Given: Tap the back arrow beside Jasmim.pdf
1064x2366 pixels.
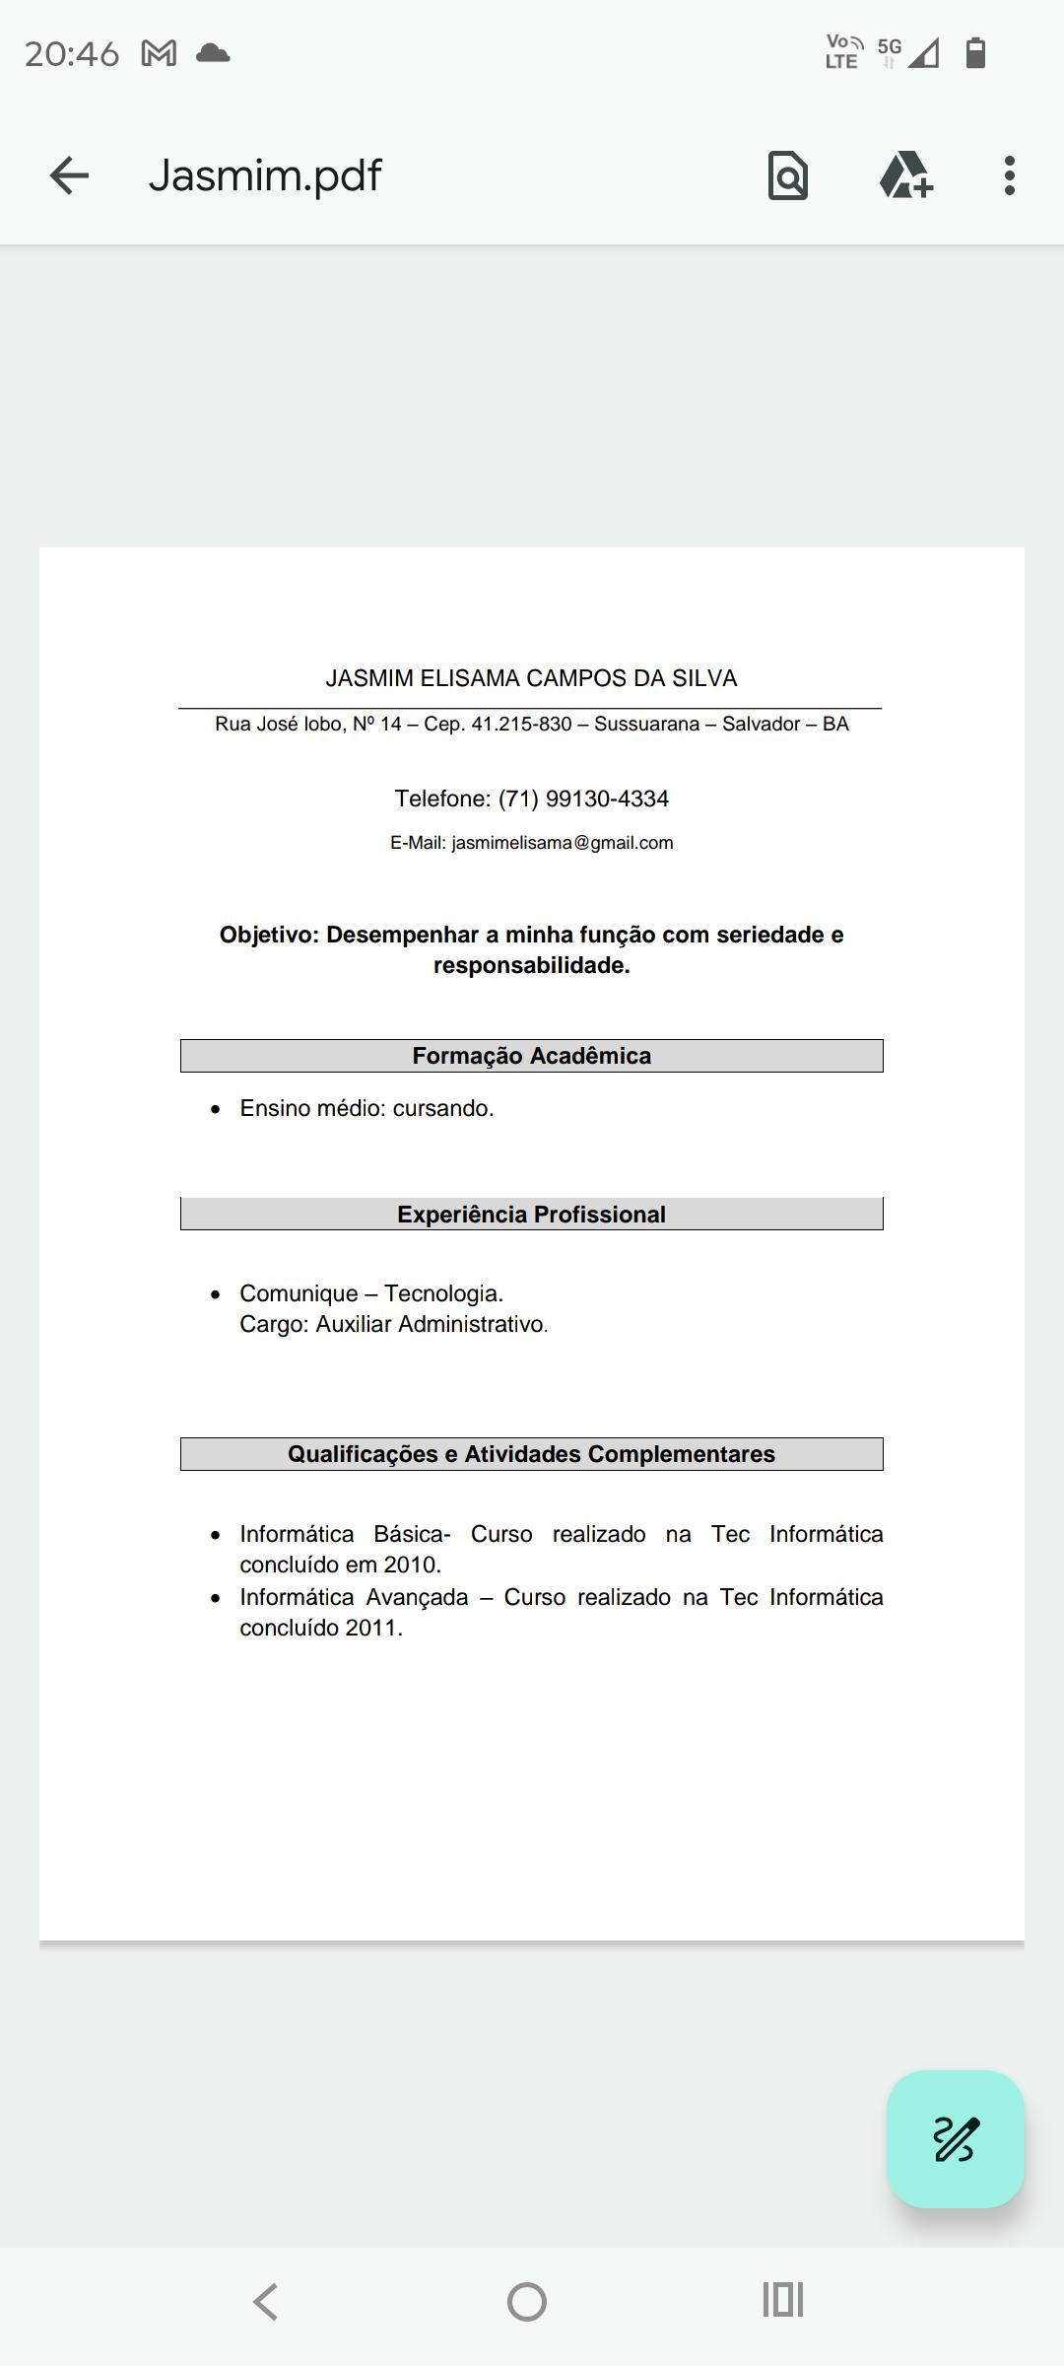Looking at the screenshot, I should point(69,175).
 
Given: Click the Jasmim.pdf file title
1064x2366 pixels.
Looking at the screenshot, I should point(264,175).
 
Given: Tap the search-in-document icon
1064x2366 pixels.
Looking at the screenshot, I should point(787,175).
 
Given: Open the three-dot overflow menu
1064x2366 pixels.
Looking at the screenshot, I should point(1009,175).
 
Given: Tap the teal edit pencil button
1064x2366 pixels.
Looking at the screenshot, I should point(955,2138).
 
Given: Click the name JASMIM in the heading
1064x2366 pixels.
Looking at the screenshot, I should point(369,678).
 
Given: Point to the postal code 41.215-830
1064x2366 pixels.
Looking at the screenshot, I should point(521,725).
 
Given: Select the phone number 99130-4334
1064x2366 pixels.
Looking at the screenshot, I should point(607,799).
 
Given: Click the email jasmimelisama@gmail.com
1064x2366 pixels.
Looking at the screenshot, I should point(563,843).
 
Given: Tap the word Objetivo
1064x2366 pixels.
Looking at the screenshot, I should point(267,935).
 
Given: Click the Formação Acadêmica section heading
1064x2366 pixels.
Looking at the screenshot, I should point(531,1056).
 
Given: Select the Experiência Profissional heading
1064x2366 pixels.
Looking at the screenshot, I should point(531,1215).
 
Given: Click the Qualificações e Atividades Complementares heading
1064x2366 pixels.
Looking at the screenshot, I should point(531,1454).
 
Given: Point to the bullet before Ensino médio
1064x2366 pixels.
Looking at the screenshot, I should point(216,1109).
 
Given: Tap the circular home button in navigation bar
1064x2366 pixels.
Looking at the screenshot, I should point(527,2302).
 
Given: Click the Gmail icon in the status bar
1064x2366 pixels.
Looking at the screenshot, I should point(159,53).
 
